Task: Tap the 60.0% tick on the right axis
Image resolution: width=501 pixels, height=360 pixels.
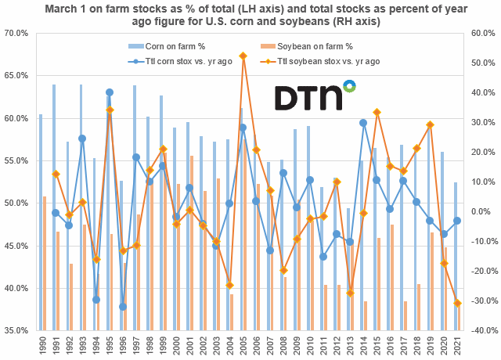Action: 482,34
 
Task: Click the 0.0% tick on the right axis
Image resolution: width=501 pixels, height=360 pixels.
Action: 482,211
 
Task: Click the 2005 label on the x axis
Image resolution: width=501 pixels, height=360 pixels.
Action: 243,344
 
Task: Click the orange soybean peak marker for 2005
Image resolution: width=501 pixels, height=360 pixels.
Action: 243,56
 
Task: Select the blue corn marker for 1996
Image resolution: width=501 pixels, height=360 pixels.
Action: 123,307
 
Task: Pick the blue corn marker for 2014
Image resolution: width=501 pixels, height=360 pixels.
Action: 364,123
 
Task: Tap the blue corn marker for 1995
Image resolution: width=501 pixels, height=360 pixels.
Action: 110,92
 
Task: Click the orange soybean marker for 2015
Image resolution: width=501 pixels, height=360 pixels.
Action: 377,112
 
